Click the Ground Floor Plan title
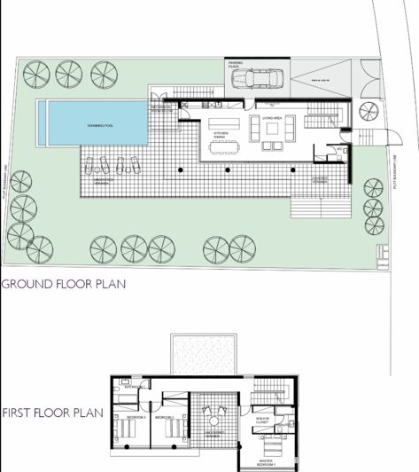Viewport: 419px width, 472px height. pos(63,285)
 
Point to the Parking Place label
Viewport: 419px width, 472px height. pos(237,65)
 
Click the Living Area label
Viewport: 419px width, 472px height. pos(272,117)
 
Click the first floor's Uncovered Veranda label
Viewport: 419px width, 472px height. pos(213,436)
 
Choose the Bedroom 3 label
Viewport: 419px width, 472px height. pos(135,416)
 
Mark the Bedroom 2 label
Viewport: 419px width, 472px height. pos(163,416)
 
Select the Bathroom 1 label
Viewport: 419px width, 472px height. pos(135,387)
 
